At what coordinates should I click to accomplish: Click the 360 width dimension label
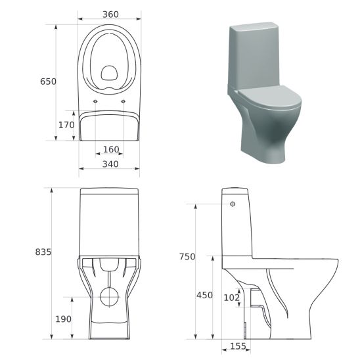coord(109,13)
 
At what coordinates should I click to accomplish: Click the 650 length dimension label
coord(48,81)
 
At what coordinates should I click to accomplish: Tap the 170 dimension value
coord(66,125)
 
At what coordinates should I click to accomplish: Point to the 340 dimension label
coord(110,164)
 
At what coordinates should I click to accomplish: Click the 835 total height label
coord(43,252)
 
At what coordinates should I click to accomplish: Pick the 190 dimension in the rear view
coord(62,319)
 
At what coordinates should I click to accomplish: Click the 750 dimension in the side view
coord(187,257)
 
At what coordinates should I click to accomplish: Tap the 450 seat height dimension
coord(204,296)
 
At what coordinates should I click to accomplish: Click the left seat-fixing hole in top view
coord(96,101)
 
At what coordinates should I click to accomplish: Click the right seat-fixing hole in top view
coord(124,101)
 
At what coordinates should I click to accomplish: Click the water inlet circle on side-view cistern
coord(233,204)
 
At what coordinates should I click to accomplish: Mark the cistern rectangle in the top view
coord(109,125)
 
